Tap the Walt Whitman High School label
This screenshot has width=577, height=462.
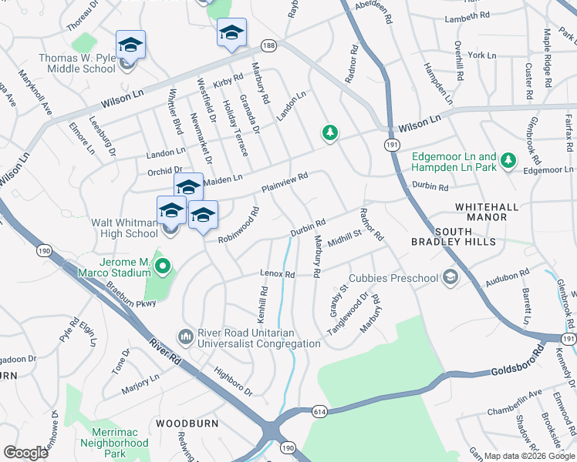(125, 228)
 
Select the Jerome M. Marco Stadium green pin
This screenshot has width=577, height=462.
(163, 267)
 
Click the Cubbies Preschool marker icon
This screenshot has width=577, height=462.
(449, 277)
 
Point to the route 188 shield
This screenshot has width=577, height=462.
(268, 46)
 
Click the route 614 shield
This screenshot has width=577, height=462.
(319, 412)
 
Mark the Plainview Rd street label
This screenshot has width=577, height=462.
(285, 182)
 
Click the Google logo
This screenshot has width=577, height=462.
(26, 453)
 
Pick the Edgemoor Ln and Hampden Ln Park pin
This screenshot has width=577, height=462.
(508, 160)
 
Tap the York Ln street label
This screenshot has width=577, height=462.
(481, 55)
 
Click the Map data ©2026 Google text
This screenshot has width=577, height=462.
(529, 456)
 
